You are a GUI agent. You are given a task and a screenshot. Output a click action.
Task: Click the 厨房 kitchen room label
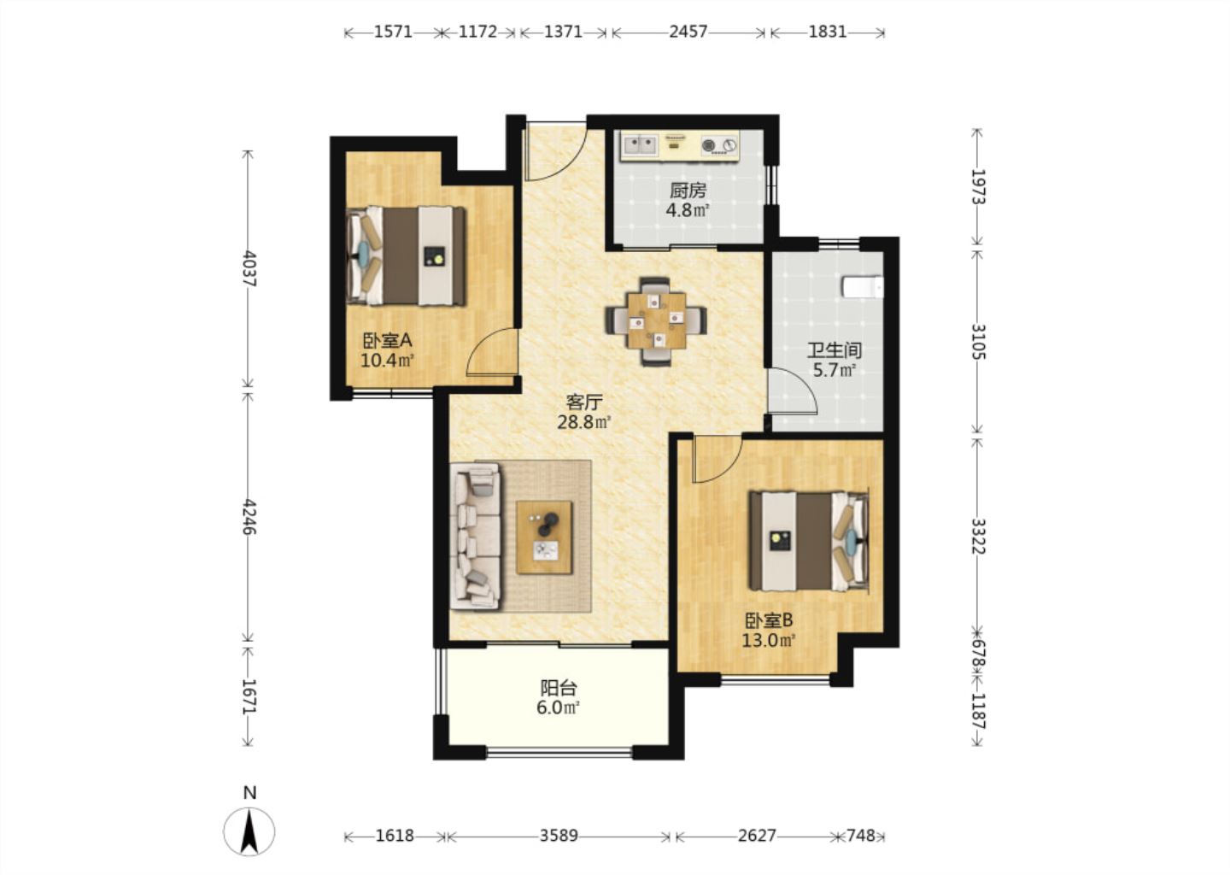(688, 191)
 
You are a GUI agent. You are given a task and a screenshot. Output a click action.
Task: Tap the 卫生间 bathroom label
(834, 349)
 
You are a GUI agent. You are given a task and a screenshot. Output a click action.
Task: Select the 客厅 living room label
(584, 402)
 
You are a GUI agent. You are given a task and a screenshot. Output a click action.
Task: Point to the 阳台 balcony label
(559, 688)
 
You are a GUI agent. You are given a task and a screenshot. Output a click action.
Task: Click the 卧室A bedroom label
(387, 341)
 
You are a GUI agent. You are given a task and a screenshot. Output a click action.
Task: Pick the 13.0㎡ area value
(769, 641)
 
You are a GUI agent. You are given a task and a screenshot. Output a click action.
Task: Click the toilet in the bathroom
(864, 287)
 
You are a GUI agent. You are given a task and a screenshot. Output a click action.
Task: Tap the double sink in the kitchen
(640, 145)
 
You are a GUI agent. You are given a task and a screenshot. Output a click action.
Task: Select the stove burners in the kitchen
(719, 145)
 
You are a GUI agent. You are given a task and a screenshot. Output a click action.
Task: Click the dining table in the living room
(657, 321)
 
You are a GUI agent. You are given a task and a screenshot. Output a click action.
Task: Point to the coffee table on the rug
(544, 537)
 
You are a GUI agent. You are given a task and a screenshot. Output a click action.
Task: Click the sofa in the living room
(475, 537)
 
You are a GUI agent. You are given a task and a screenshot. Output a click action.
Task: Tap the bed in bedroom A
(407, 255)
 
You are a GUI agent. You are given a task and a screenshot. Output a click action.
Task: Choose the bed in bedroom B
(810, 542)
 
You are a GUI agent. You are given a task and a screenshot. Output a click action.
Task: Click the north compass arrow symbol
(249, 831)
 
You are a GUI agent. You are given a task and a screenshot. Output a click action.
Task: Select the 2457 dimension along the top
(688, 32)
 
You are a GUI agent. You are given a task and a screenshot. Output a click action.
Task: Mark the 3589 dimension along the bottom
(559, 836)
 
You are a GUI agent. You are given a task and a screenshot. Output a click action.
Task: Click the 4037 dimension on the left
(249, 268)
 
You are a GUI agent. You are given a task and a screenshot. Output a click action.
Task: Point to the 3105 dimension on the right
(978, 342)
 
